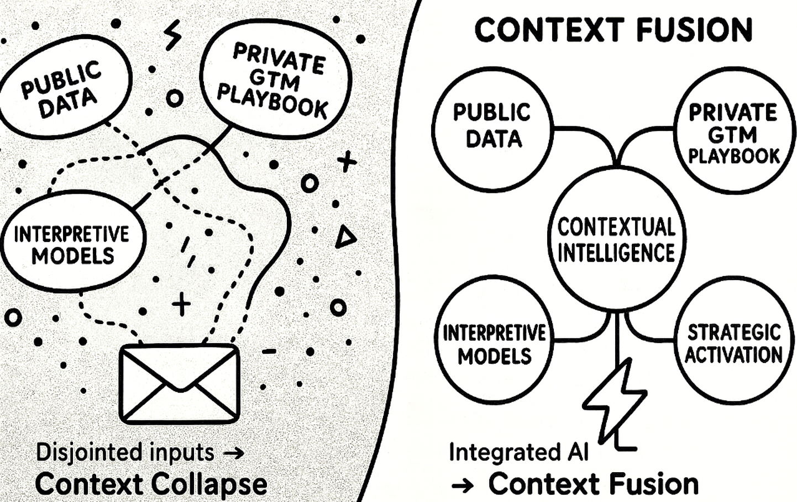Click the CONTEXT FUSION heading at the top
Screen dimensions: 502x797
tap(613, 30)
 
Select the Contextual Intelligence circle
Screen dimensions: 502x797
tap(616, 240)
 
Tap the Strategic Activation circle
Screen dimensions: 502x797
tap(733, 342)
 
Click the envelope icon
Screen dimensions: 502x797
tap(180, 383)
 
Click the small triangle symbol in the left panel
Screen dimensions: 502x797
tap(345, 237)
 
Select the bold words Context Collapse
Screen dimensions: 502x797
tap(151, 484)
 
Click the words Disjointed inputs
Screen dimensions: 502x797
tap(125, 452)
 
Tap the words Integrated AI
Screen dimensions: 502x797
tap(518, 452)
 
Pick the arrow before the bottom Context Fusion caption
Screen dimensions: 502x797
tap(463, 486)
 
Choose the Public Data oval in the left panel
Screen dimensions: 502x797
tap(65, 88)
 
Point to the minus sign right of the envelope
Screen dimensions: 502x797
tap(269, 351)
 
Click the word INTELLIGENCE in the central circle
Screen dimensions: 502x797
tap(616, 253)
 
